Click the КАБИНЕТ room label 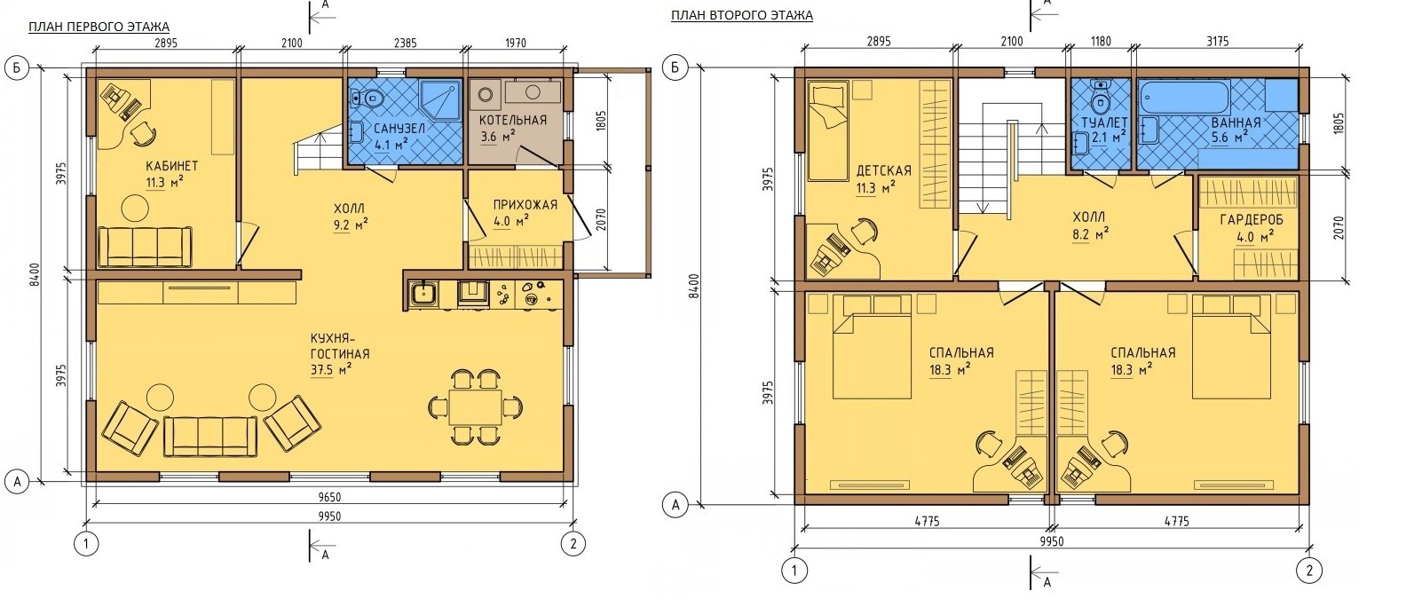(172, 166)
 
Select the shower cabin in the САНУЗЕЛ (440, 100)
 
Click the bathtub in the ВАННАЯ (1185, 98)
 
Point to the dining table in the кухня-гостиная (475, 406)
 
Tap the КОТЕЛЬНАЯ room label (513, 121)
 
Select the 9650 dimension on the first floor (329, 498)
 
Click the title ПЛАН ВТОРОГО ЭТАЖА (741, 15)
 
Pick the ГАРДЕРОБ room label (1252, 220)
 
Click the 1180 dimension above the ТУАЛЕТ (1101, 42)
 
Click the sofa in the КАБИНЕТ (144, 246)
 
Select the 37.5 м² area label (331, 369)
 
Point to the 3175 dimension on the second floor (1218, 42)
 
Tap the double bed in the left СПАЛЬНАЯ (873, 347)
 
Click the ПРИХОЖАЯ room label (525, 205)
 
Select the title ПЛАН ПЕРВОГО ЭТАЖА (99, 27)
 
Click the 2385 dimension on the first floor (406, 43)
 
